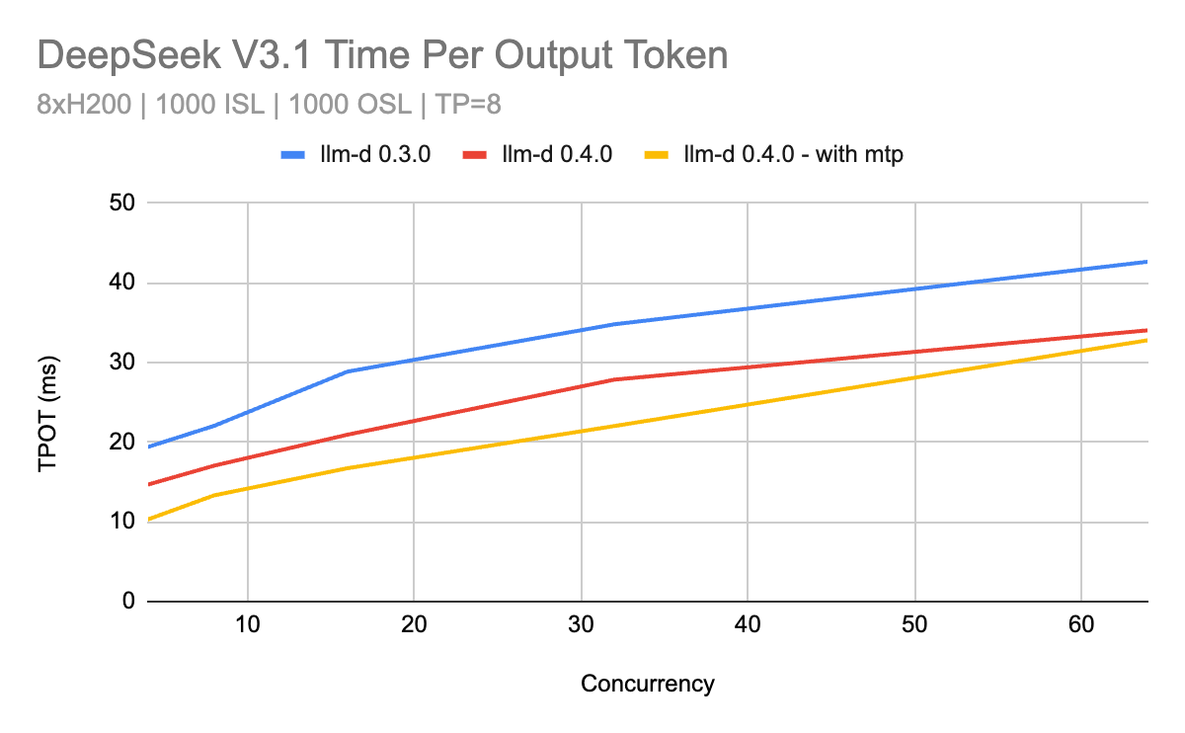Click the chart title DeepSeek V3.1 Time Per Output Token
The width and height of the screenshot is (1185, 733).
click(x=382, y=55)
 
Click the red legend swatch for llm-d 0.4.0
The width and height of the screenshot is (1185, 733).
click(x=480, y=154)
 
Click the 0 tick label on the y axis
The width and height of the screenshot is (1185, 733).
click(x=126, y=602)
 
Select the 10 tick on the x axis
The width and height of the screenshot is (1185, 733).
click(x=247, y=625)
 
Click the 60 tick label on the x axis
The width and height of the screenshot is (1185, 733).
click(x=1082, y=625)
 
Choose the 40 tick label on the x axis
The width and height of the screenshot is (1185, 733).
click(x=749, y=625)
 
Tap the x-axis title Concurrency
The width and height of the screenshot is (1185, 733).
click(x=647, y=684)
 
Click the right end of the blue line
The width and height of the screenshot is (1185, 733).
click(x=1146, y=262)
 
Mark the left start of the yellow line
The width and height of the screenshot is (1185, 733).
click(x=148, y=520)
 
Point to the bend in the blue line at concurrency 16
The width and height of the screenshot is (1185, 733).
click(x=348, y=371)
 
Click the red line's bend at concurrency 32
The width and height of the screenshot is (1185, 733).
click(x=614, y=379)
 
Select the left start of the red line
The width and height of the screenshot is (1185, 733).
click(x=148, y=484)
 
